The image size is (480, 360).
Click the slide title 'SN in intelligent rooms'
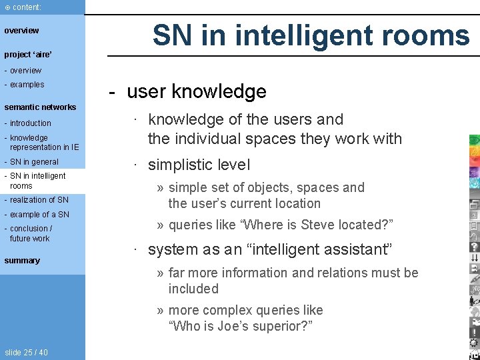[311, 35]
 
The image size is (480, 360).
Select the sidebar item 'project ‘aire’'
[28, 55]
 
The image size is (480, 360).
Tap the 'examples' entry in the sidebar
[27, 85]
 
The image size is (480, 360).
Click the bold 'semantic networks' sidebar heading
[40, 107]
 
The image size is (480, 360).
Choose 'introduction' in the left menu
[30, 123]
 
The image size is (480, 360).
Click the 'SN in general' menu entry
[34, 162]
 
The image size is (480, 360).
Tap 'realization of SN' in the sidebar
[39, 200]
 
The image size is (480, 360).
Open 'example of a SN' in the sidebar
[39, 215]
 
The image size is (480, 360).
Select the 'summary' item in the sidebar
[22, 261]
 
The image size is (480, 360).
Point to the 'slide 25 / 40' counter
[26, 353]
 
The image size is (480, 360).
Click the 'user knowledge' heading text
[196, 91]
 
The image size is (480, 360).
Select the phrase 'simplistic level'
[199, 165]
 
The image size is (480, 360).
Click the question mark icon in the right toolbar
[474, 246]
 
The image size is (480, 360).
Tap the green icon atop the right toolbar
[474, 140]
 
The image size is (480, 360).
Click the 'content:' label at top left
[26, 7]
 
